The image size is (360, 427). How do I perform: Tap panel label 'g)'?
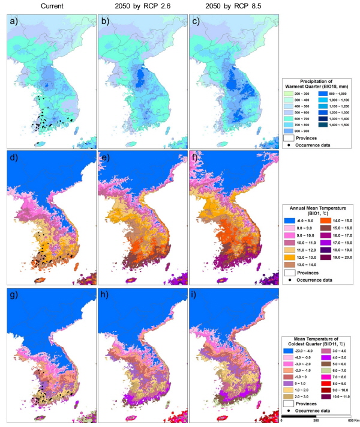(13, 294)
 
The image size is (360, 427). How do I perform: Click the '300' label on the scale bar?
(316, 420)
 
